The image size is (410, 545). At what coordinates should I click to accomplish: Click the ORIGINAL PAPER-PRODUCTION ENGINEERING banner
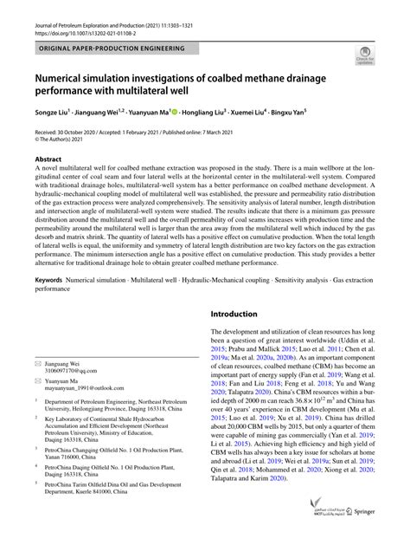[112, 49]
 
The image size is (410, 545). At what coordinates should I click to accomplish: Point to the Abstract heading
[48, 160]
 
